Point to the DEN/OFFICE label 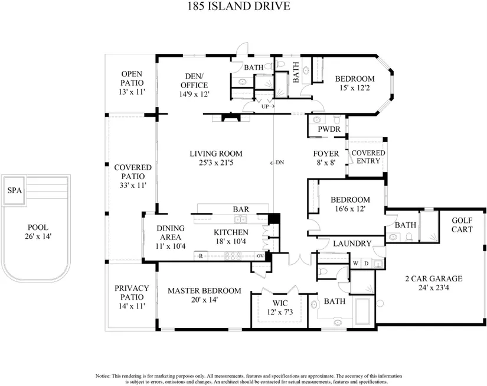(194, 85)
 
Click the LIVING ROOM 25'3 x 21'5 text (215, 158)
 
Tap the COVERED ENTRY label (368, 157)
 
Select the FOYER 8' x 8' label (325, 158)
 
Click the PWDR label (329, 129)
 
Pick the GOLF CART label (462, 225)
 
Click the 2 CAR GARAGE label (433, 283)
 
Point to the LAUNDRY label (352, 244)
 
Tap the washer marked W (356, 263)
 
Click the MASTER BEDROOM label (204, 295)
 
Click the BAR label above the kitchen (240, 209)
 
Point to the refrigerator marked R (201, 256)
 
